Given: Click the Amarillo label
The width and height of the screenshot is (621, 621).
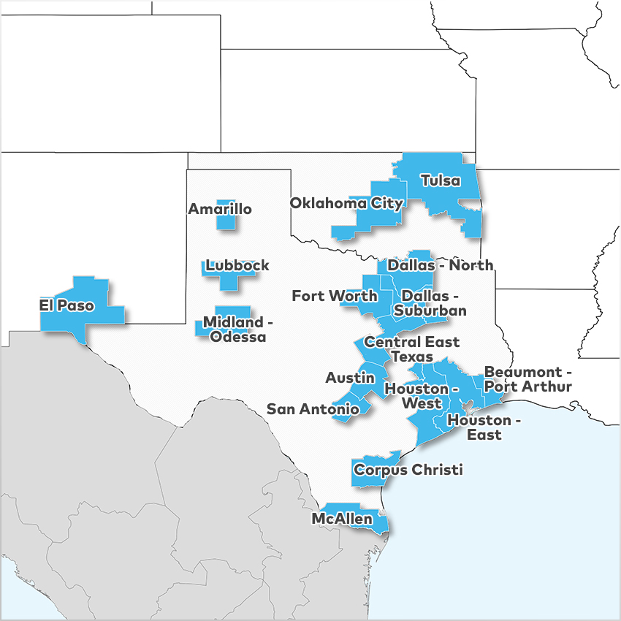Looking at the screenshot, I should pos(220,210).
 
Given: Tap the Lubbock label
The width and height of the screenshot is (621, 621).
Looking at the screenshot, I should pos(237,265).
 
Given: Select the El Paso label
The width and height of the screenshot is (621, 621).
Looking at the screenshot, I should pos(66,305).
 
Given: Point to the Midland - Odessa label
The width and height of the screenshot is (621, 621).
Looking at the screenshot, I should pos(234,329).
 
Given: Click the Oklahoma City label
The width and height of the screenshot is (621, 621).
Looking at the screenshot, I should pos(346,203).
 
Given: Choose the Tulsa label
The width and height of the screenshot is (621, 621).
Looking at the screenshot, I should pos(441,180).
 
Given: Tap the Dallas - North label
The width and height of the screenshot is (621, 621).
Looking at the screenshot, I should pos(440,265).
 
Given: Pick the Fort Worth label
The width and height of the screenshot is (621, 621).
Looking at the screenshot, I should pos(335,296).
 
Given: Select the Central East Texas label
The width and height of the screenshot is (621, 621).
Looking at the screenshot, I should pos(411,348).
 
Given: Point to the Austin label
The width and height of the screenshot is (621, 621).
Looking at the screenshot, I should pos(350,378).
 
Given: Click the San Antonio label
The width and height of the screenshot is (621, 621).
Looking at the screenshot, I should pos(313,409).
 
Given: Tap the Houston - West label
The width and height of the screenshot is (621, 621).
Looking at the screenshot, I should pos(422,396).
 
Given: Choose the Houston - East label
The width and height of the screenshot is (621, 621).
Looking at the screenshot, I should pos(484,427).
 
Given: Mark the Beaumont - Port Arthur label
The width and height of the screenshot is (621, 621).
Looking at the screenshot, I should pos(527,378).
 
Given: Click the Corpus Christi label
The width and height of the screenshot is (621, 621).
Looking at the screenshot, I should pos(408,470).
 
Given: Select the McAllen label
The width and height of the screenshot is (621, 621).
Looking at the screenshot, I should pos(342,519).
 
